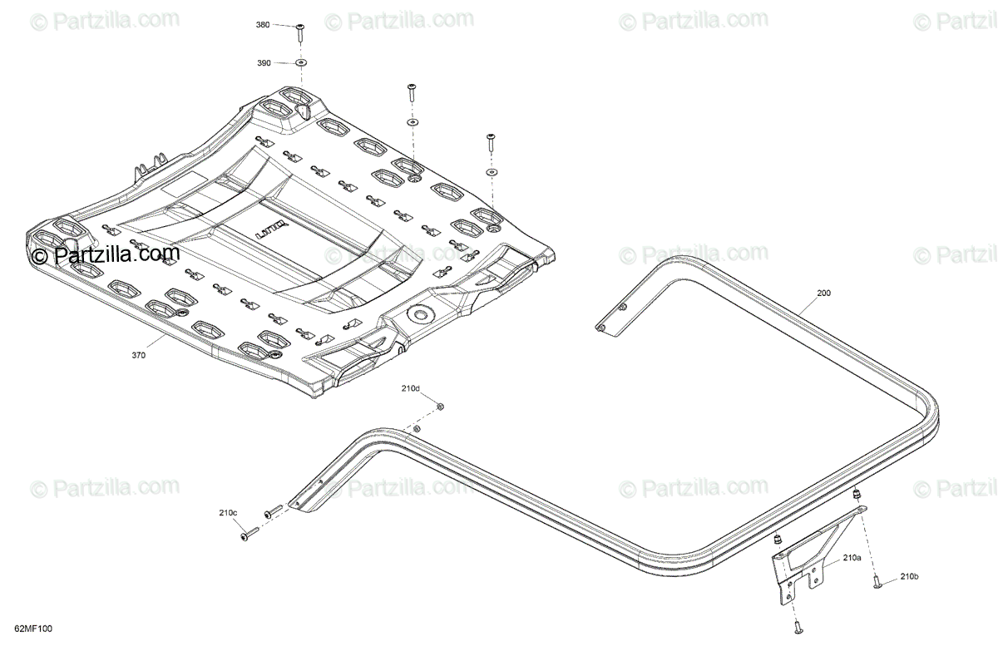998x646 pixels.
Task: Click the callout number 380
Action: (263, 26)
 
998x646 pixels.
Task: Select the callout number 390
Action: (263, 63)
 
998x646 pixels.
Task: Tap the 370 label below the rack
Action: (138, 355)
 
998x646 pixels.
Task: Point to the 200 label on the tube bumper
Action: (823, 293)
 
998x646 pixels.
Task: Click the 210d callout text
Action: (411, 388)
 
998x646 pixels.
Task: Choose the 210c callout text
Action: (228, 512)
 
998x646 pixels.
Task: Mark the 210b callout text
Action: (909, 576)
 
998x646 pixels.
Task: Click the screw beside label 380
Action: (299, 33)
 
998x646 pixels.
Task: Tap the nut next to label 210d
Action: (441, 406)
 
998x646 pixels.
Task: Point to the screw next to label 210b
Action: (877, 584)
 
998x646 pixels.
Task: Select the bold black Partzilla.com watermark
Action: (117, 254)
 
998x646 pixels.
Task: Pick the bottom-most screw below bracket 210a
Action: (797, 624)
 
